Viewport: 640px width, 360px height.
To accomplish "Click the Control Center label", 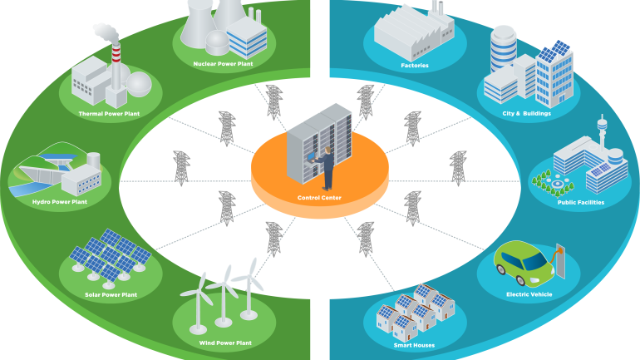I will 319,198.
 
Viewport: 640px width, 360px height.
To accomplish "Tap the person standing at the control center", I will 328,167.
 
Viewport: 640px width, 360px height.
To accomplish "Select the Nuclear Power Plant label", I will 223,63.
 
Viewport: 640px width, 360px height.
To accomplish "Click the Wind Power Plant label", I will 224,343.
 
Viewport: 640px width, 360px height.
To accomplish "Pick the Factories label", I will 413,64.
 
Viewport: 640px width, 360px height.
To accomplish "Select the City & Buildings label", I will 526,113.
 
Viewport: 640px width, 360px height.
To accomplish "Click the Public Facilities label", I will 580,202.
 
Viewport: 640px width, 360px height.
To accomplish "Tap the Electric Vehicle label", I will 529,294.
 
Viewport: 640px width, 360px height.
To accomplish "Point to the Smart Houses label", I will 414,345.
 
